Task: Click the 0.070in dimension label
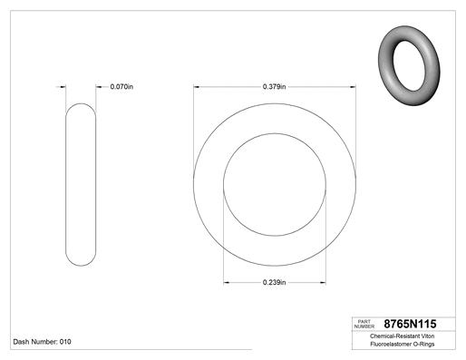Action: tap(121, 87)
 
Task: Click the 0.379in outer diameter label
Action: tap(274, 87)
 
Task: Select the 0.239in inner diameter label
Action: tap(274, 282)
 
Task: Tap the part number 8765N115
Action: tap(410, 324)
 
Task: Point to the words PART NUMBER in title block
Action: tap(364, 324)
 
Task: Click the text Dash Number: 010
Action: tap(43, 342)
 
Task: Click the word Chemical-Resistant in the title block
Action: tap(395, 336)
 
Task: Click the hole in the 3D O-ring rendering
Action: tap(409, 65)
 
